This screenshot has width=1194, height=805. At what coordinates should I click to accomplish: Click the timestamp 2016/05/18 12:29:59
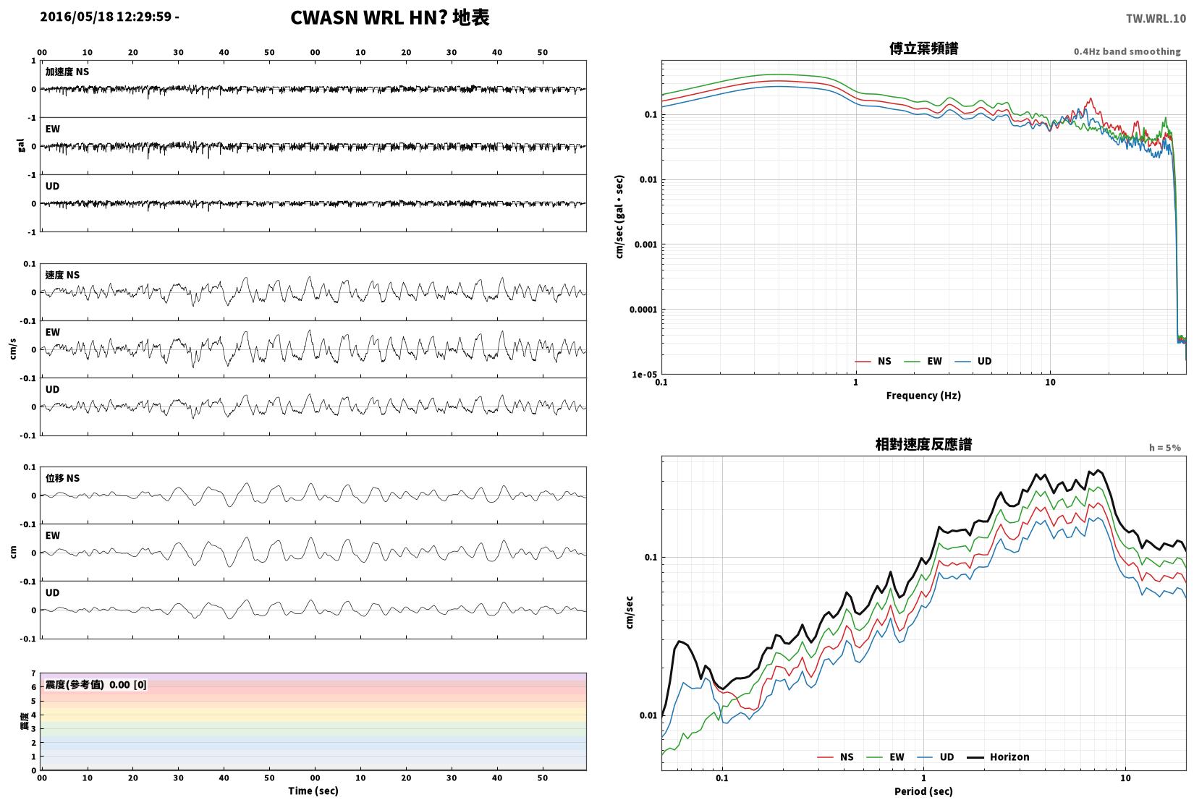point(106,17)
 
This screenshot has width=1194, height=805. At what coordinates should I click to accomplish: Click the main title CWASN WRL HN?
point(368,17)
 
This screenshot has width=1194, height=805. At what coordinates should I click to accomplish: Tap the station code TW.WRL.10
point(1156,19)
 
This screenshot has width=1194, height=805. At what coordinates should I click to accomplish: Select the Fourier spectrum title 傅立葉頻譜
point(923,48)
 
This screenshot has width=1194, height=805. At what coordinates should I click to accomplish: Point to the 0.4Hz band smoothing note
point(1127,51)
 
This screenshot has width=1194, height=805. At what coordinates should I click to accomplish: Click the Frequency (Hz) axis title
point(923,396)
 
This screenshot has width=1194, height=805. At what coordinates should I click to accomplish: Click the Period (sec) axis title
point(923,791)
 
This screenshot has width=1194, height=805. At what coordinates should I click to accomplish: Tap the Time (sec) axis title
point(313,791)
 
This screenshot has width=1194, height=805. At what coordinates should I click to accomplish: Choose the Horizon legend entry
point(999,757)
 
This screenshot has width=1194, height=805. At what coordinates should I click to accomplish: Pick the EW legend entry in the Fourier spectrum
point(923,361)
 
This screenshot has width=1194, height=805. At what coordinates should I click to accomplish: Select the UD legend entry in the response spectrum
point(936,757)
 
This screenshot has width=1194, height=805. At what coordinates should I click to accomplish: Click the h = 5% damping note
point(1164,448)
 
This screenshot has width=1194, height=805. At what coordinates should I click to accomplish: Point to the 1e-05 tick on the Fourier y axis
point(645,375)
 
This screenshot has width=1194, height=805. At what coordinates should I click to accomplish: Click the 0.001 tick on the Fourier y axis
point(645,244)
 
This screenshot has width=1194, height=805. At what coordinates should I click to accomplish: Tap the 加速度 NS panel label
point(67,72)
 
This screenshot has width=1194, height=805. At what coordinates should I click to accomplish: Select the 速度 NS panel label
point(62,275)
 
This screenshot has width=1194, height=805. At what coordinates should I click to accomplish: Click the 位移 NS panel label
point(62,478)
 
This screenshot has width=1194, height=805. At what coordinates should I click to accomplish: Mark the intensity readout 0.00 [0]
point(128,685)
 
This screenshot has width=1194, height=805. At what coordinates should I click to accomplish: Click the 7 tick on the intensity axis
point(33,673)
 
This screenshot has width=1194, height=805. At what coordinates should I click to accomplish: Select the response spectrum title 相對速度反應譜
point(923,444)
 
